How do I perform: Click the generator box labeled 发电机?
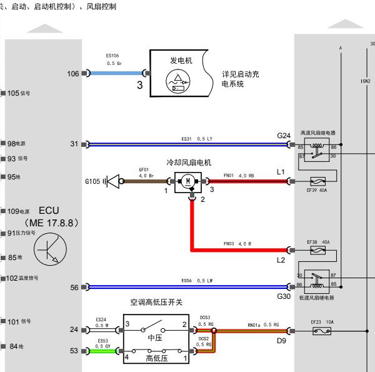181,74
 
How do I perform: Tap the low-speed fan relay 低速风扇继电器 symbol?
317,279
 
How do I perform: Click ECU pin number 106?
73,74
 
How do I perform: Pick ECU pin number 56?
74,288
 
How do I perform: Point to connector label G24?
284,136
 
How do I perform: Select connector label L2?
281,259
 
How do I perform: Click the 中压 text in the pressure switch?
155,338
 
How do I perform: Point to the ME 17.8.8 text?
51,223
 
